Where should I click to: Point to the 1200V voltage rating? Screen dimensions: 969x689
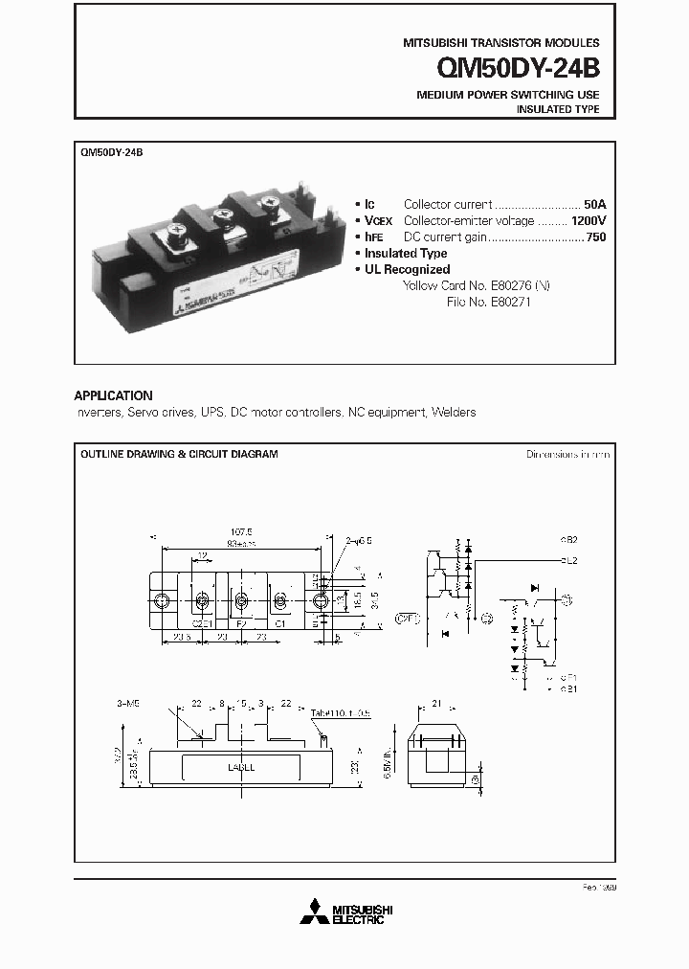(588, 220)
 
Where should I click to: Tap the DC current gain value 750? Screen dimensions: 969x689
(595, 237)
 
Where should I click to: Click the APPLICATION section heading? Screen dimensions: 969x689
(113, 395)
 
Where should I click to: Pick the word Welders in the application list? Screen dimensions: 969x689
(454, 412)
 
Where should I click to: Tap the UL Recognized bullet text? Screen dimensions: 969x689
(407, 269)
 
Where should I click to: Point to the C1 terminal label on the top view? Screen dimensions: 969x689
(280, 622)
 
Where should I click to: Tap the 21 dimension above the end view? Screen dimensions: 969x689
(437, 704)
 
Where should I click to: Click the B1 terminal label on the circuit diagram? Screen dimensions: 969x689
(570, 688)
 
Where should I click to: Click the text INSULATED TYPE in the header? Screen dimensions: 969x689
(558, 110)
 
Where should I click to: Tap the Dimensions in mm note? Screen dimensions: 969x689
(567, 454)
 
